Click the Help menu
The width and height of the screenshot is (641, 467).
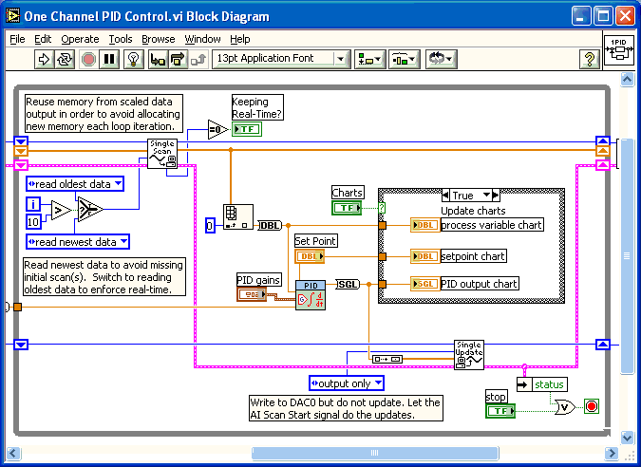240,39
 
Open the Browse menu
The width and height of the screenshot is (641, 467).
159,39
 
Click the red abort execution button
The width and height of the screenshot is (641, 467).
88,60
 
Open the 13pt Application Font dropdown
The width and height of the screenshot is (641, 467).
280,59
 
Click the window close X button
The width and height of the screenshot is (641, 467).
624,16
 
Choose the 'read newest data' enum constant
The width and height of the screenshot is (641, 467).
72,241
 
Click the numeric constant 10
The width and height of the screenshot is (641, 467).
33,222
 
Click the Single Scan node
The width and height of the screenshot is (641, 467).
162,153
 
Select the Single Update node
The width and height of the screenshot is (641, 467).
469,354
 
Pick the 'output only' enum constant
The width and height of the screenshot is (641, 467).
347,383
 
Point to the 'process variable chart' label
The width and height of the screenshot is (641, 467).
492,224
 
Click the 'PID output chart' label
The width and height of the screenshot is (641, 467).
479,283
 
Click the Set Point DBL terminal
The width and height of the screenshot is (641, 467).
310,256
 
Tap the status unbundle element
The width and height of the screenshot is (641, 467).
548,384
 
